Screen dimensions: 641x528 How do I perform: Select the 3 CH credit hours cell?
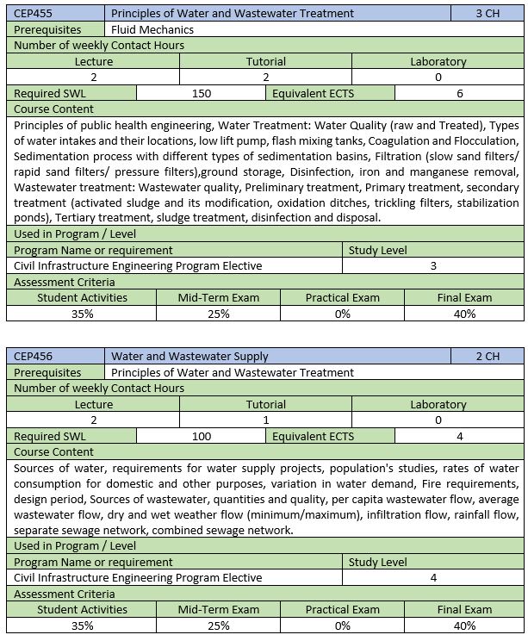(488, 13)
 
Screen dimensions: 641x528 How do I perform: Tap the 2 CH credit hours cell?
(488, 356)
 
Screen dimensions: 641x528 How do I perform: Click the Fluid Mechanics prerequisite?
(152, 29)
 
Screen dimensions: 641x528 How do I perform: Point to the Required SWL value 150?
(202, 93)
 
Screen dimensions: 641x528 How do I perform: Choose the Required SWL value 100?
(202, 436)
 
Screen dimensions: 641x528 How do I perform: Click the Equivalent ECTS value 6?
(460, 93)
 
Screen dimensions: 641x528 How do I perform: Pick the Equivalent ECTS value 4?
(460, 436)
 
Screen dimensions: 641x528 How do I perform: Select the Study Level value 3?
(433, 265)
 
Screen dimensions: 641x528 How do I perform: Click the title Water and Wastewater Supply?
(189, 356)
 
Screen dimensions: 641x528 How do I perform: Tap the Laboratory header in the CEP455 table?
(438, 61)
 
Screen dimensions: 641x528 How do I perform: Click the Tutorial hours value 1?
(265, 420)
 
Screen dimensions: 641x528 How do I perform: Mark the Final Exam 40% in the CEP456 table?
(464, 625)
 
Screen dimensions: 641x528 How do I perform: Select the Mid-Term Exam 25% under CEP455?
(218, 314)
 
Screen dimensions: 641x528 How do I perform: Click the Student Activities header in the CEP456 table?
(82, 609)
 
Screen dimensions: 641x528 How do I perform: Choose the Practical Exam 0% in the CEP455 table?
(342, 314)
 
